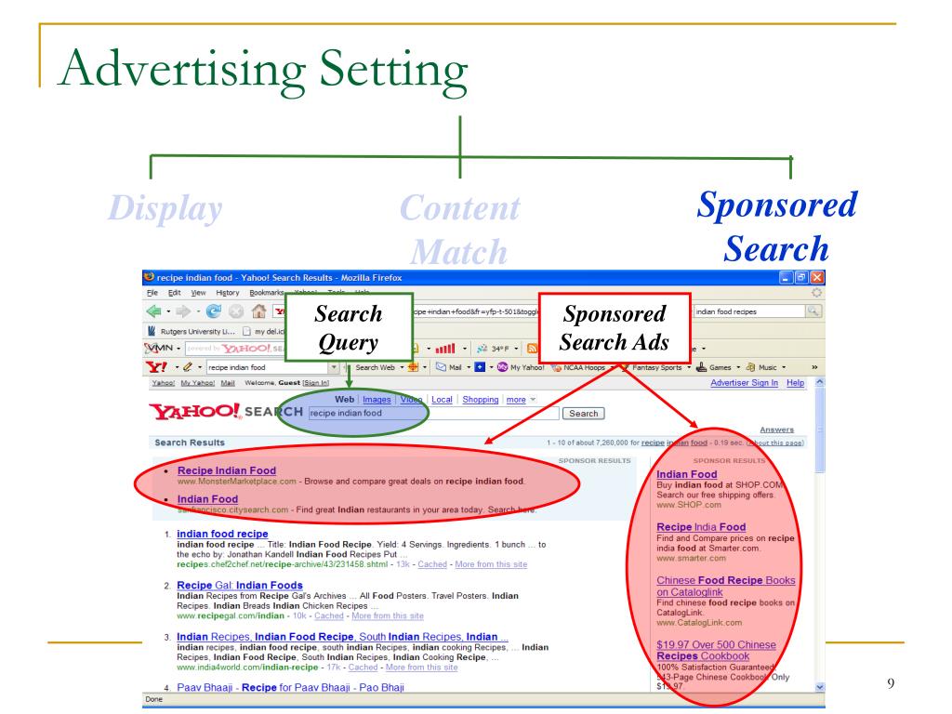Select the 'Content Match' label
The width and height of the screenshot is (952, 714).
tap(459, 229)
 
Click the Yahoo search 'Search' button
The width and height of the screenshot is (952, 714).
tap(583, 413)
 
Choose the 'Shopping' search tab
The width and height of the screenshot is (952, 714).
tap(482, 400)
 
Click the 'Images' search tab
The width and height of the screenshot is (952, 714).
tap(376, 400)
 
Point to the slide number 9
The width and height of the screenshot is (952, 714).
tap(891, 685)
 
